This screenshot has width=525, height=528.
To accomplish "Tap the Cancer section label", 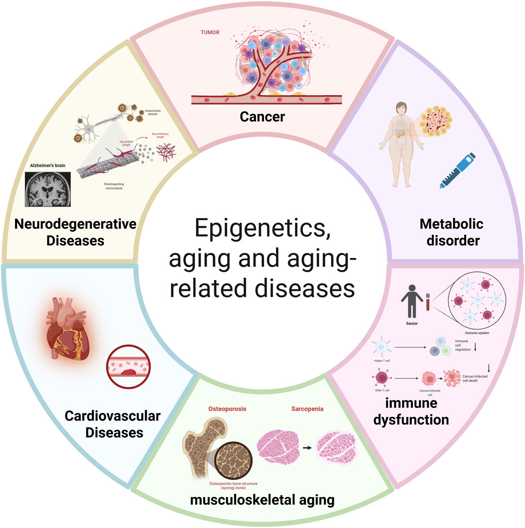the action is pos(262,118).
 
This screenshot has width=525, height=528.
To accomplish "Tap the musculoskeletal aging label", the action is pos(262,500).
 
